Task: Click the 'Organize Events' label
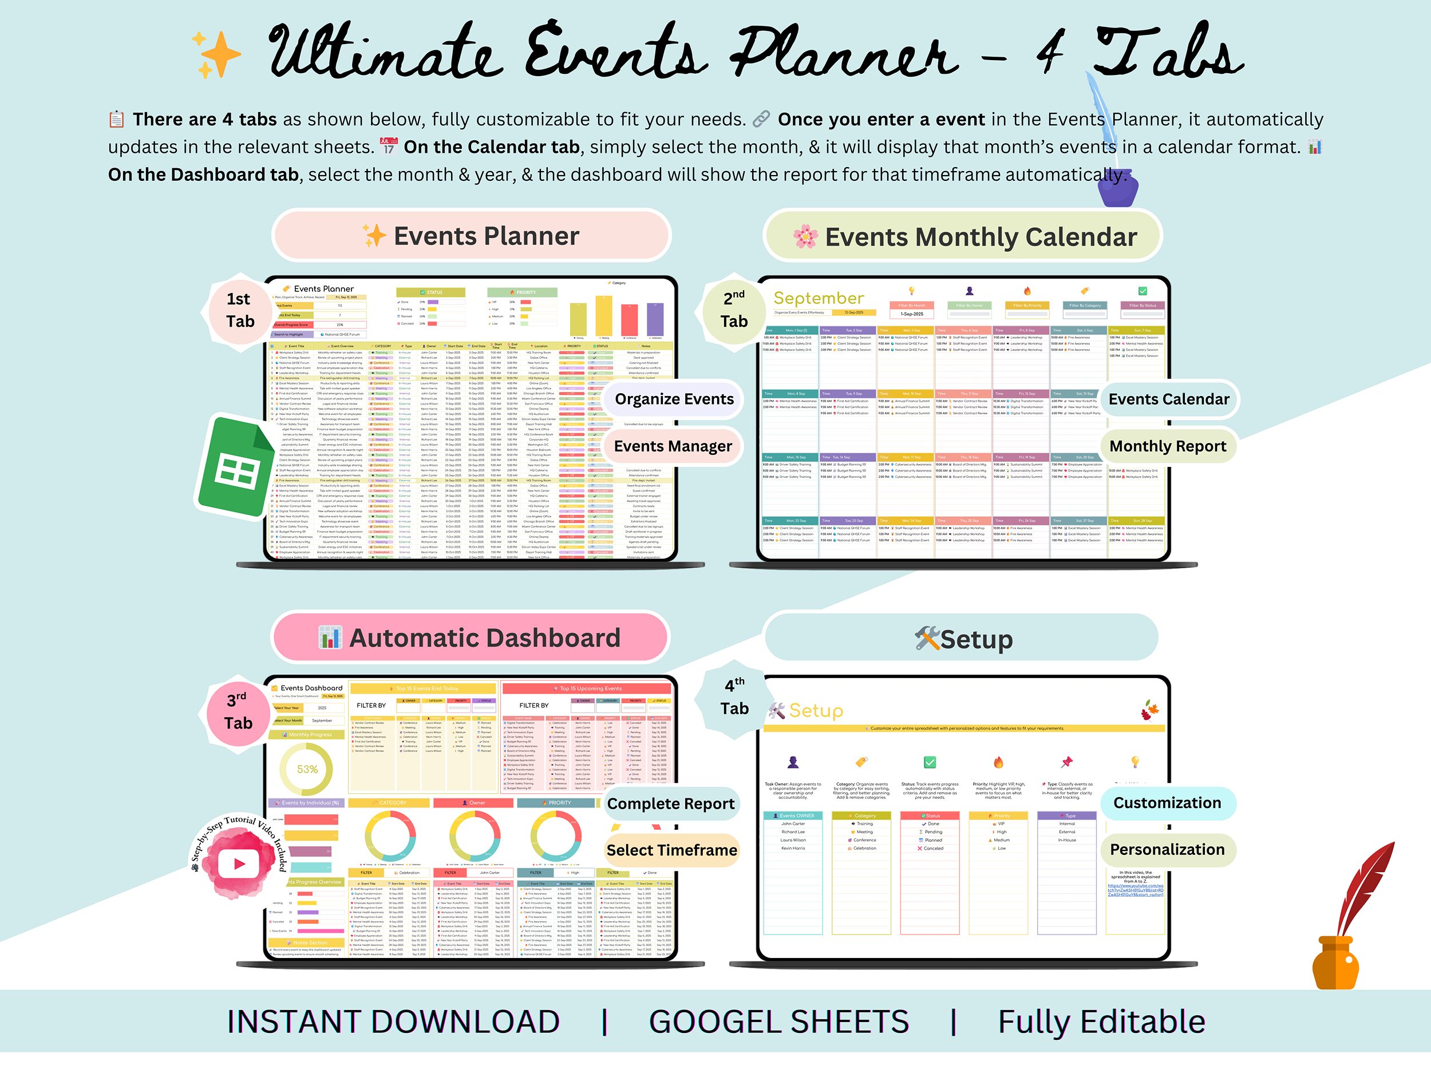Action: tap(674, 399)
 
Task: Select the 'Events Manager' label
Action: tap(673, 446)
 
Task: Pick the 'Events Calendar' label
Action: tap(1168, 399)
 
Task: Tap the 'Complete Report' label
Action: tap(671, 804)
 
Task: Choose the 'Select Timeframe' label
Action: tap(671, 850)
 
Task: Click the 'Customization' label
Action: tap(1167, 803)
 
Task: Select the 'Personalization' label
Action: tap(1167, 850)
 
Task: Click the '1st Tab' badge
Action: tap(239, 310)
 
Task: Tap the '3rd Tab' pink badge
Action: tap(238, 711)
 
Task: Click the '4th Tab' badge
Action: tap(734, 697)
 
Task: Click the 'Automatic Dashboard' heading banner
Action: tap(471, 638)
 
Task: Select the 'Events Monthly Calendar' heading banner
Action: tap(964, 237)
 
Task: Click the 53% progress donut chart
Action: tap(307, 769)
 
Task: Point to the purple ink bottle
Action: tap(1117, 188)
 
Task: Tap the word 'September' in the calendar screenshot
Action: tap(819, 298)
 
